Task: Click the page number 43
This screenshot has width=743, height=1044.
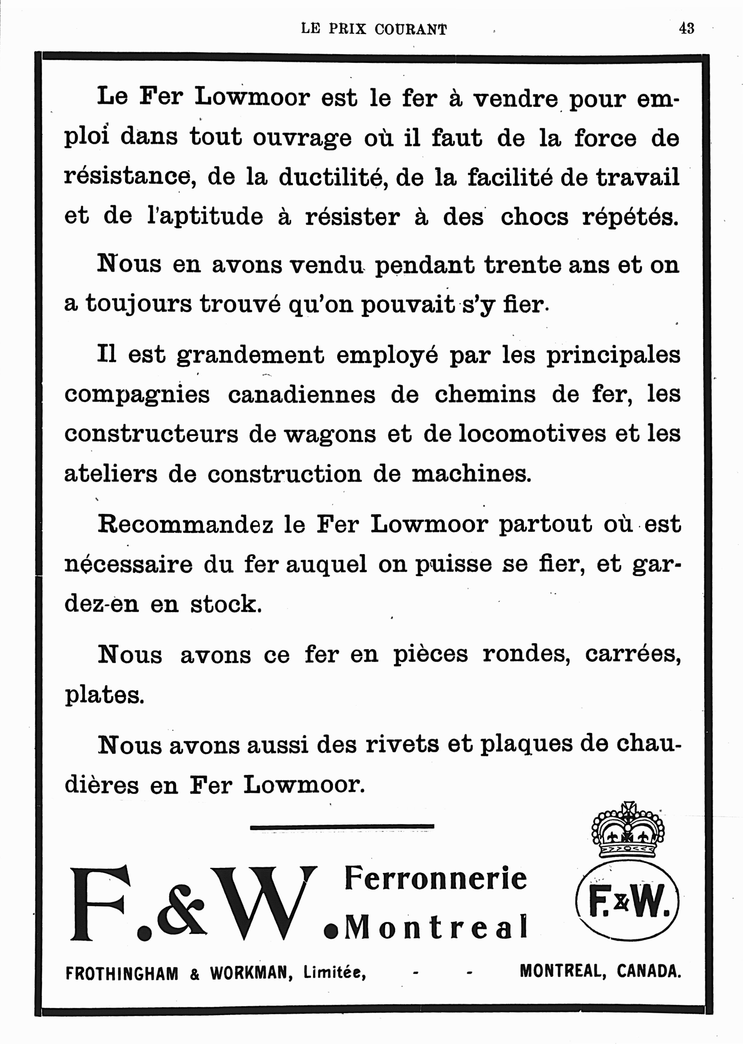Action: tap(686, 28)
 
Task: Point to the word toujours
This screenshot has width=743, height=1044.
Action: tap(139, 304)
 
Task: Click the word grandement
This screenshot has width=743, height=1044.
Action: tap(250, 355)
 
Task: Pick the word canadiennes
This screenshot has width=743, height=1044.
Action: tap(302, 395)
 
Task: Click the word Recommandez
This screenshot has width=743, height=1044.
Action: tap(185, 524)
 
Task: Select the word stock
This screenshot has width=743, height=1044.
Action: tap(226, 604)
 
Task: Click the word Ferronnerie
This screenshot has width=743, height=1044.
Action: tap(435, 878)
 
